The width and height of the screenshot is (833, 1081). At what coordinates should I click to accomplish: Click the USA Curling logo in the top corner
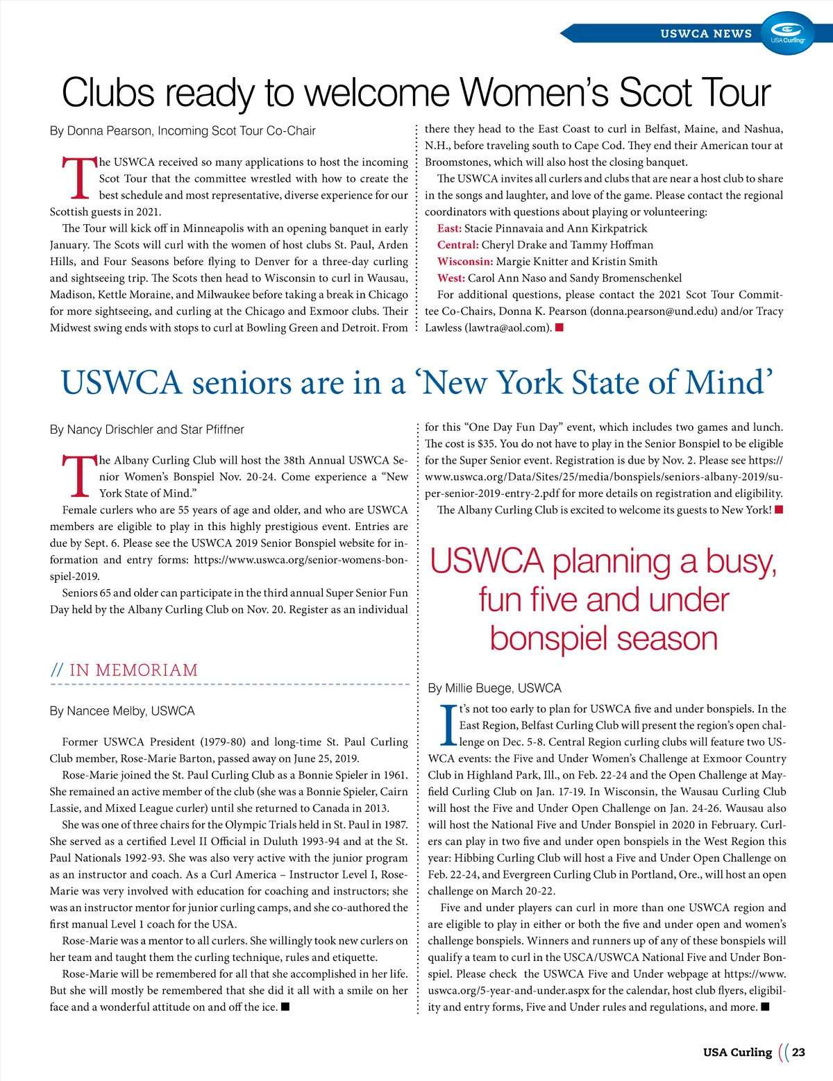[x=788, y=33]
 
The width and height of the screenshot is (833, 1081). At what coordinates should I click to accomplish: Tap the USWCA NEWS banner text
[x=705, y=33]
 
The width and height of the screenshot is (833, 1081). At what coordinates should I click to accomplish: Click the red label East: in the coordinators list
[x=449, y=228]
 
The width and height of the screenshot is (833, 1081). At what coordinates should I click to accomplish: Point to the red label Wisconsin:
[x=465, y=262]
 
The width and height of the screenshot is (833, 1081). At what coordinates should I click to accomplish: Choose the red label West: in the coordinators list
[x=451, y=278]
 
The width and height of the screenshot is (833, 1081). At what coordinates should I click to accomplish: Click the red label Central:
[x=457, y=245]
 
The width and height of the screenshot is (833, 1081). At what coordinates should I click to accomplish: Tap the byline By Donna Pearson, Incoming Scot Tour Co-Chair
[x=183, y=131]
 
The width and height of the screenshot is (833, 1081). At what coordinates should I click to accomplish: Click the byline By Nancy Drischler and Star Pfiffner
[x=146, y=429]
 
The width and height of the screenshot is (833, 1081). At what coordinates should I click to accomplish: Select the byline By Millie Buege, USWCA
[x=494, y=688]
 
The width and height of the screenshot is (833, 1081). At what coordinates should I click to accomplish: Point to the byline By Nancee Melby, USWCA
[x=122, y=711]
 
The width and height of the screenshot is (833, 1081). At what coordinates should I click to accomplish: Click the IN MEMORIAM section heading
[x=133, y=670]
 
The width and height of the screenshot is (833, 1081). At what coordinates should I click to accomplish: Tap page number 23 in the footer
[x=798, y=1052]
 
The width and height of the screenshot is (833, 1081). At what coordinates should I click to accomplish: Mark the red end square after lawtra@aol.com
[x=559, y=327]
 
